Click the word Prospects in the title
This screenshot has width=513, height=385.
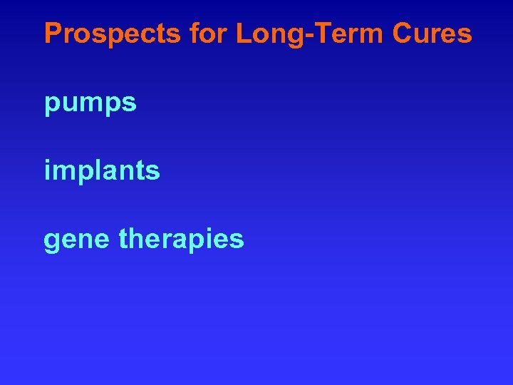[111, 34]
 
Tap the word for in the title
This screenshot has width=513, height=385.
[207, 34]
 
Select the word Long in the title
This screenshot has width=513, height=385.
[264, 34]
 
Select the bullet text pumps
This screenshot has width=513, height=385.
[90, 104]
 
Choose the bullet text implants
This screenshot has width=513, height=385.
[102, 171]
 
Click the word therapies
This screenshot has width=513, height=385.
[182, 240]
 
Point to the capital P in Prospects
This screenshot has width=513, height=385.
[53, 34]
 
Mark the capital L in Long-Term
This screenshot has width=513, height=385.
[243, 34]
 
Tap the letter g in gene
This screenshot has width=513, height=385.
[51, 242]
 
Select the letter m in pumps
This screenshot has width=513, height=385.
[90, 104]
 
